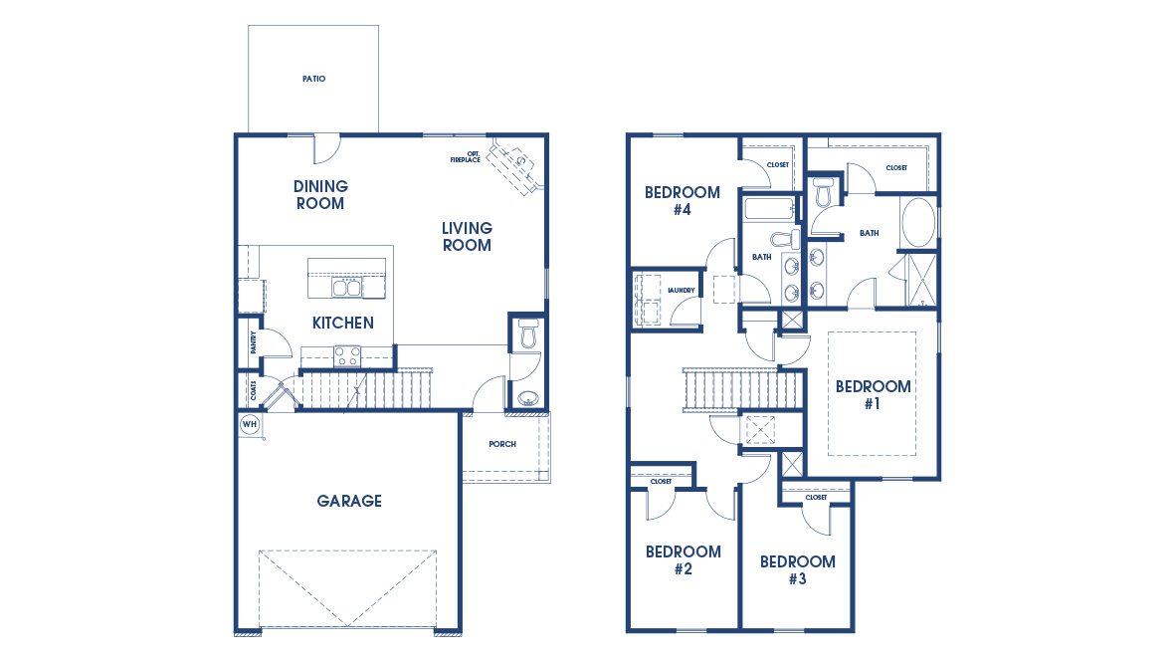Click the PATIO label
click(x=313, y=79)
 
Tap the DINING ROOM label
click(x=320, y=195)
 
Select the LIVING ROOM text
click(x=467, y=237)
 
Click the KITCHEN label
click(x=343, y=323)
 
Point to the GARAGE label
click(x=349, y=501)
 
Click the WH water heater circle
click(x=249, y=424)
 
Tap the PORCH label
click(x=502, y=444)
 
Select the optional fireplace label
click(x=466, y=156)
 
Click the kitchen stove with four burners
click(x=347, y=355)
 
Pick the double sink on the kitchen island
click(x=346, y=288)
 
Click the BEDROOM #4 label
click(x=682, y=201)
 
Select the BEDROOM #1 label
click(x=873, y=395)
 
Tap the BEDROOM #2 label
click(x=683, y=560)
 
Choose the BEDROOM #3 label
click(x=797, y=569)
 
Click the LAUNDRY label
click(x=682, y=291)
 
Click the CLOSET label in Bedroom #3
click(x=816, y=497)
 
